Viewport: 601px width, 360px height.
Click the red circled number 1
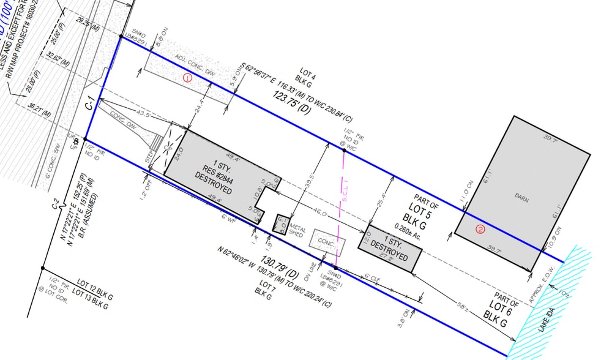pyautogui.click(x=187, y=78)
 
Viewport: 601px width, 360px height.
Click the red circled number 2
pyautogui.click(x=480, y=230)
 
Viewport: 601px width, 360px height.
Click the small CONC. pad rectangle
pyautogui.click(x=327, y=241)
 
